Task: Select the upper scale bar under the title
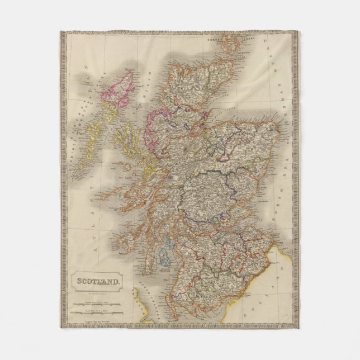tap(98, 302)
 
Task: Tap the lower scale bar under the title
tap(98, 311)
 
